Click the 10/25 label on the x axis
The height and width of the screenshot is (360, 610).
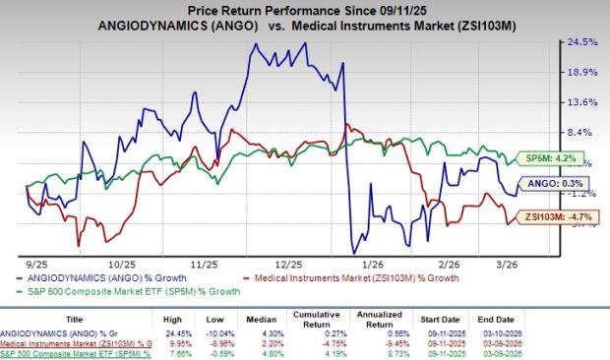tap(121, 265)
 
